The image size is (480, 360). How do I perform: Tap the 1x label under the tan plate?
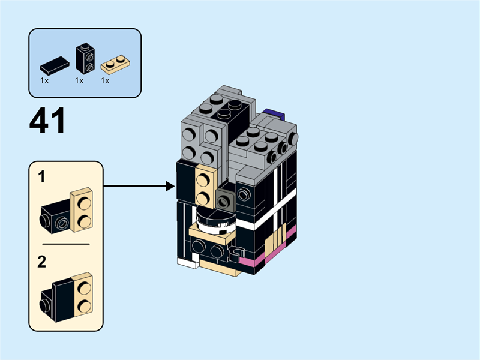pyautogui.click(x=105, y=80)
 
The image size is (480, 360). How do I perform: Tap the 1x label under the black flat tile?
pyautogui.click(x=44, y=80)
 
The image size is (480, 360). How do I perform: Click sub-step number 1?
pyautogui.click(x=41, y=177)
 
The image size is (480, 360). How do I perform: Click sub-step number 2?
pyautogui.click(x=42, y=262)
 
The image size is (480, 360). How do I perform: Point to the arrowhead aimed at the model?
pyautogui.click(x=170, y=187)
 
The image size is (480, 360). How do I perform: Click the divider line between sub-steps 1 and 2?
pyautogui.click(x=66, y=244)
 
